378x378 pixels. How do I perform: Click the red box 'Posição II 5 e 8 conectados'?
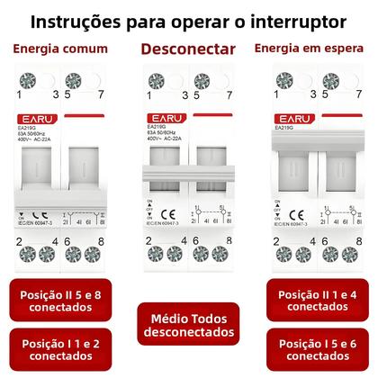[x=62, y=301]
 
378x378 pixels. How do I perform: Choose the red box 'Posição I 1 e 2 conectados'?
[x=62, y=351]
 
